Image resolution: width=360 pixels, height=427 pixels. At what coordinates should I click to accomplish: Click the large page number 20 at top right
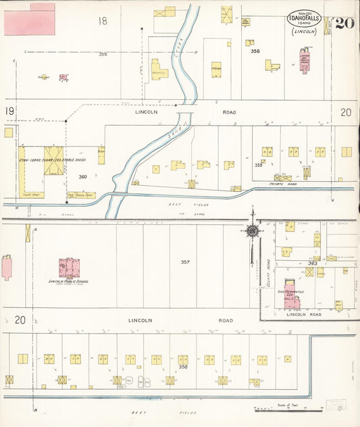342,23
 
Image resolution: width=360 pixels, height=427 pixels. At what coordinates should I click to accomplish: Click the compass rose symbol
252,230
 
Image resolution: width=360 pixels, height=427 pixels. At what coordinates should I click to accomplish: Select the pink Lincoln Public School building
69,268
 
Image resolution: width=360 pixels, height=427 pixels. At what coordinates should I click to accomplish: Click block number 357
185,261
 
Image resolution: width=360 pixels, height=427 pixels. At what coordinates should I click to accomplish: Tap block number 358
183,367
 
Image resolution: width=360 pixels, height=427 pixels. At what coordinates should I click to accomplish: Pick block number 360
83,176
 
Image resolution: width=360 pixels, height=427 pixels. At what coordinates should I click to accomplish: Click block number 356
255,51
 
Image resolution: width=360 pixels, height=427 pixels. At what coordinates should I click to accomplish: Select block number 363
312,263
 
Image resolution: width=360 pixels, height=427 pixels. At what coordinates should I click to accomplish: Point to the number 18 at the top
102,21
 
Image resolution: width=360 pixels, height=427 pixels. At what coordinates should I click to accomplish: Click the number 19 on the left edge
10,110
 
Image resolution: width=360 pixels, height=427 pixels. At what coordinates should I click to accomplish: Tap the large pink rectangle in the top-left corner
30,20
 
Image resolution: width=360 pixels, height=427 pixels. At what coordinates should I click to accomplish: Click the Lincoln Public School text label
69,282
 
